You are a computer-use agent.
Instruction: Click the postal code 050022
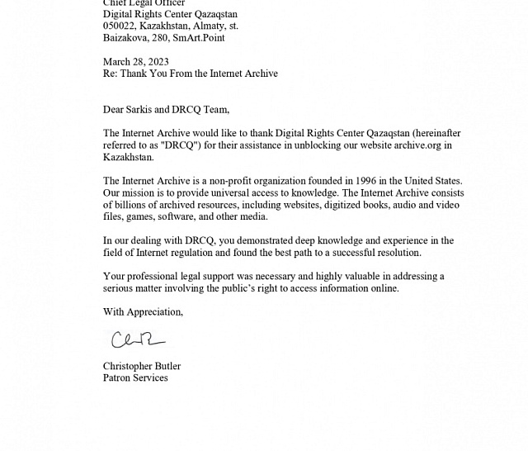(120, 26)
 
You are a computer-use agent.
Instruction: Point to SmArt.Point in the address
(198, 38)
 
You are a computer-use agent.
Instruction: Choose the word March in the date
(117, 62)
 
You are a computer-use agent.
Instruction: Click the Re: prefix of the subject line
(111, 74)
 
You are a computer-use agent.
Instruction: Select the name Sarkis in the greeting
(146, 110)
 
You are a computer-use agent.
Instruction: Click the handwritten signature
(137, 339)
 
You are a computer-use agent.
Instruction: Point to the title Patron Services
(135, 377)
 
